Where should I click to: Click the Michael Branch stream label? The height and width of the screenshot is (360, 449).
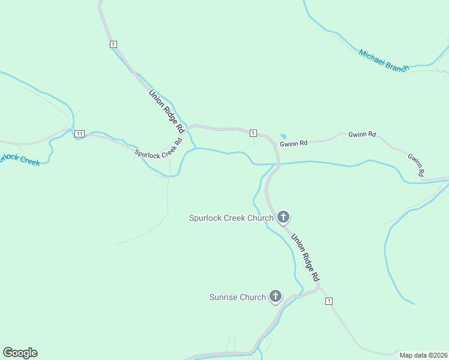pos(384,61)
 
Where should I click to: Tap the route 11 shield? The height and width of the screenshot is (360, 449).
pos(80,133)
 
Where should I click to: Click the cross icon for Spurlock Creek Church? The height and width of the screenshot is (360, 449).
pos(283,217)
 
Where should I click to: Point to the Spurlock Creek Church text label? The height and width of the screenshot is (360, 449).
pos(231,218)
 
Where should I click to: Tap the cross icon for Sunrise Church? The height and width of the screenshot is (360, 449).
pos(276,296)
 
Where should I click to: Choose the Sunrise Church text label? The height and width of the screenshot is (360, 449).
pos(237,297)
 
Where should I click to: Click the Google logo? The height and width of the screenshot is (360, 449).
pos(20,353)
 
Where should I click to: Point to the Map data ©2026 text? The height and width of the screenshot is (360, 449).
pos(424,355)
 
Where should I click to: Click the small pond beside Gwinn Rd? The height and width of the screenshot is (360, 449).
pos(283,136)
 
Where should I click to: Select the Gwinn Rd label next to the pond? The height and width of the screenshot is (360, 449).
pos(294,143)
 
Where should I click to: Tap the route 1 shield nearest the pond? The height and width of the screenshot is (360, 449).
pos(253,133)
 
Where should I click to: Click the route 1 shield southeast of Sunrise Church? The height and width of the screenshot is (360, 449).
pos(329,301)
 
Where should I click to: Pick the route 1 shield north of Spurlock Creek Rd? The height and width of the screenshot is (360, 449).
pos(113,44)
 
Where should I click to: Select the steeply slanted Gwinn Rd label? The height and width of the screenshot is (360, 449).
pos(416,165)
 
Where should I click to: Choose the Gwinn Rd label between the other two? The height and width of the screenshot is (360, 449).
pos(362,134)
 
